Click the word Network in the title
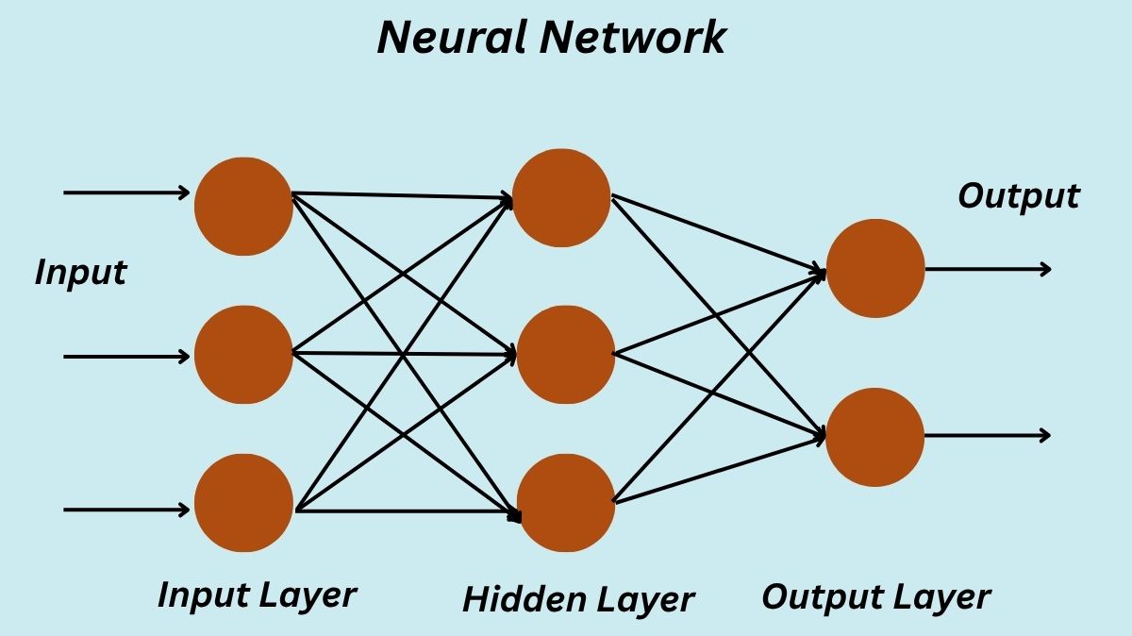pos(639,37)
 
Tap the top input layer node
pos(243,206)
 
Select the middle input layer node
pos(243,355)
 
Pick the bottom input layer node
pos(243,503)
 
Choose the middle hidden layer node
pos(565,355)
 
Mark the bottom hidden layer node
pos(565,503)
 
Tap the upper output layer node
pos(874,268)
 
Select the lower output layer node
pos(874,437)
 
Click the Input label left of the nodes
pos(80,273)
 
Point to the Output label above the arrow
pos(1018,196)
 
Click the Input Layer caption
pos(257,594)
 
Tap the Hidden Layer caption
pos(578,598)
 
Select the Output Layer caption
pos(875,597)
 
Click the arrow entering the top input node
pos(126,192)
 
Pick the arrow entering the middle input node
pos(126,357)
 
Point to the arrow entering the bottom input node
pos(126,510)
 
